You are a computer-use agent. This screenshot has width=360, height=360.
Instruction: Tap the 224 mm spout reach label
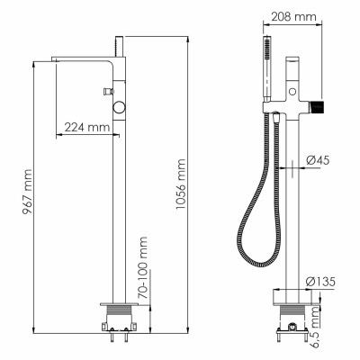pyautogui.click(x=87, y=128)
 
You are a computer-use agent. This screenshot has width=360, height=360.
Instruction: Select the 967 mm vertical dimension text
pyautogui.click(x=27, y=192)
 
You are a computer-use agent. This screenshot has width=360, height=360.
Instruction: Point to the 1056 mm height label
pyautogui.click(x=181, y=184)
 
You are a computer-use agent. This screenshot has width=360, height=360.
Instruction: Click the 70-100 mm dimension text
pyautogui.click(x=143, y=268)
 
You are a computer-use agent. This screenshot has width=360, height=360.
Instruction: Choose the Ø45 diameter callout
pyautogui.click(x=318, y=160)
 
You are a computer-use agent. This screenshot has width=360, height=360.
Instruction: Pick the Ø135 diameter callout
pyautogui.click(x=320, y=282)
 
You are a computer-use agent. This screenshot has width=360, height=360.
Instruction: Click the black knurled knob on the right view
pyautogui.click(x=318, y=105)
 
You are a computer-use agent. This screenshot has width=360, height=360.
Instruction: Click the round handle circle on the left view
pyautogui.click(x=119, y=107)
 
